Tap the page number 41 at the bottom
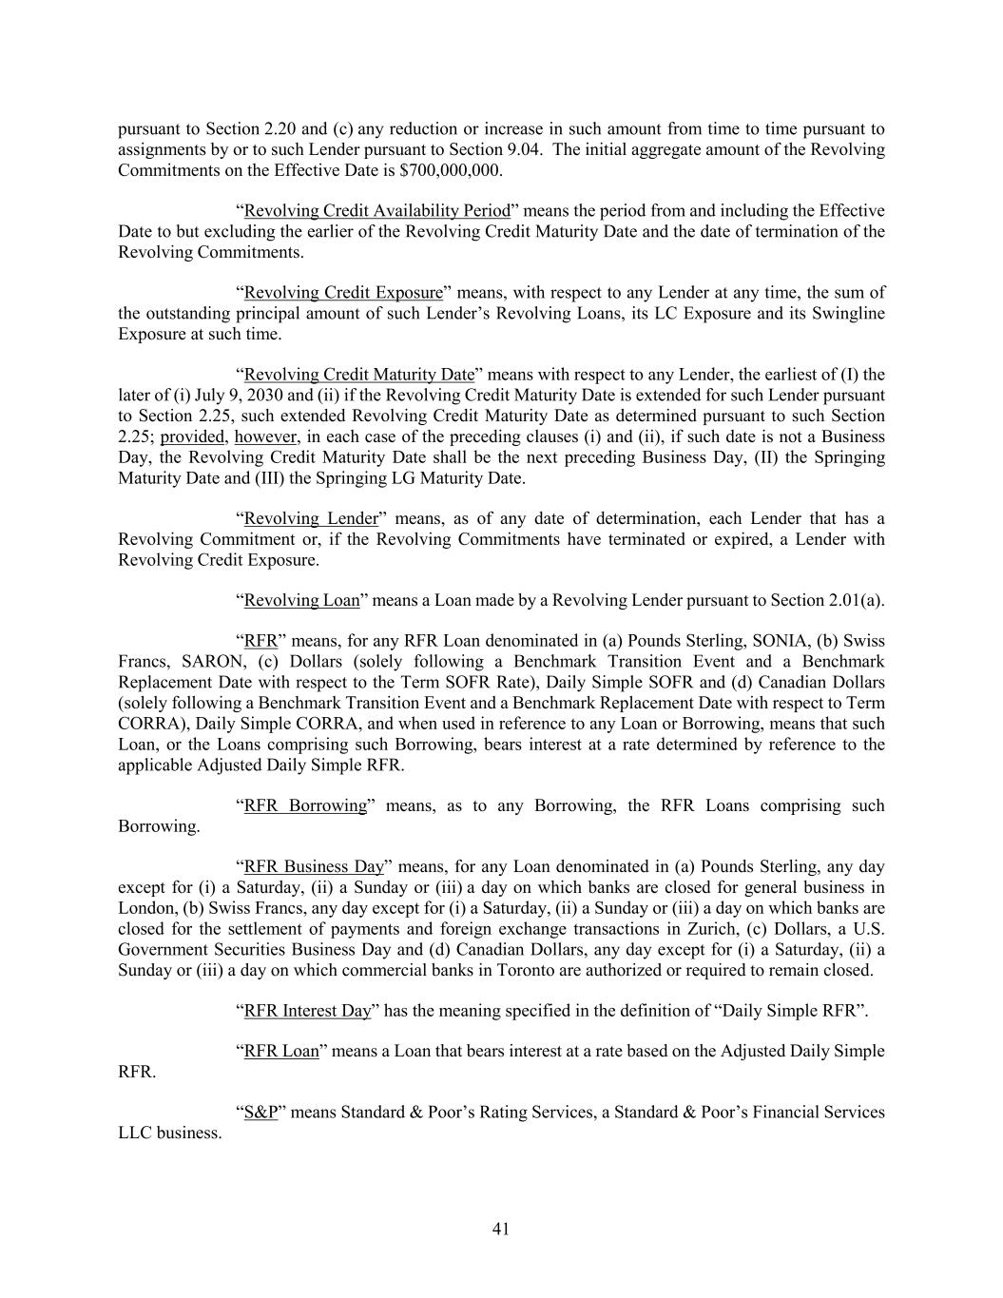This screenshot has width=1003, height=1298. [x=501, y=1230]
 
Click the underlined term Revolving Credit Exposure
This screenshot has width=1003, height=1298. [x=343, y=293]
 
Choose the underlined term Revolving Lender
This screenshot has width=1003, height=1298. [x=311, y=518]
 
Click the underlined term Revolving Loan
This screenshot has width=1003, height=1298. [x=302, y=600]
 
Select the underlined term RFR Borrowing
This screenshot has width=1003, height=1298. [x=305, y=805]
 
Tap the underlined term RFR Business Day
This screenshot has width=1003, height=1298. [x=314, y=867]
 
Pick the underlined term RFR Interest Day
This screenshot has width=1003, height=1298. [x=307, y=1011]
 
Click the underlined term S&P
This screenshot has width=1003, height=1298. [x=260, y=1113]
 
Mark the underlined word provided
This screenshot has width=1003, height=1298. [x=193, y=436]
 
